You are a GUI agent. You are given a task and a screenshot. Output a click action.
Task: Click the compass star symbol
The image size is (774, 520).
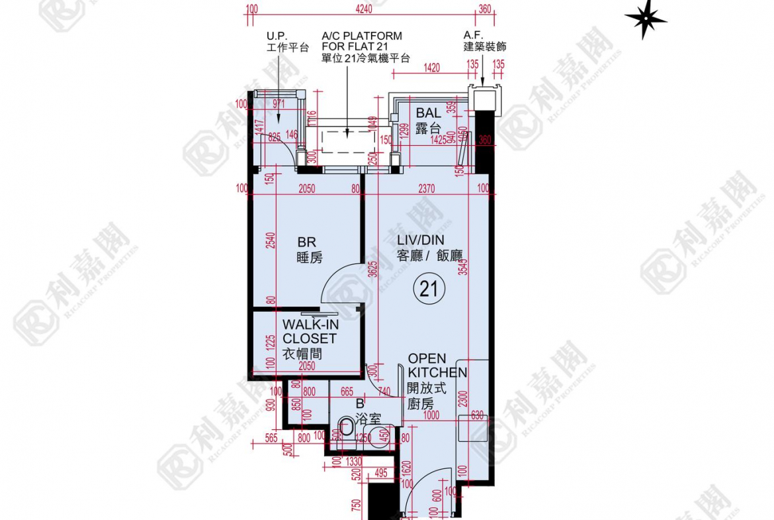[x=645, y=19]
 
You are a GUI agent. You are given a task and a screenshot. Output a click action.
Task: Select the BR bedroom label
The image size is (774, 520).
[x=309, y=250]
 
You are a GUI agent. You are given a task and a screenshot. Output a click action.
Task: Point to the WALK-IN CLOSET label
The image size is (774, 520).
[x=309, y=338]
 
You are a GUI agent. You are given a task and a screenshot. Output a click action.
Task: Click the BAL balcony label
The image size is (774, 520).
[x=428, y=121]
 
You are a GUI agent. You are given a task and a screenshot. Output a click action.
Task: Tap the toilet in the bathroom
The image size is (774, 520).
[x=345, y=430]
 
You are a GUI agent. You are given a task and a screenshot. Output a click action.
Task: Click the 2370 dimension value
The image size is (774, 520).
[x=427, y=189]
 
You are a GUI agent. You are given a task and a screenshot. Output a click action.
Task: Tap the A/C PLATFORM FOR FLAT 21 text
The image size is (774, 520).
[x=361, y=46]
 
